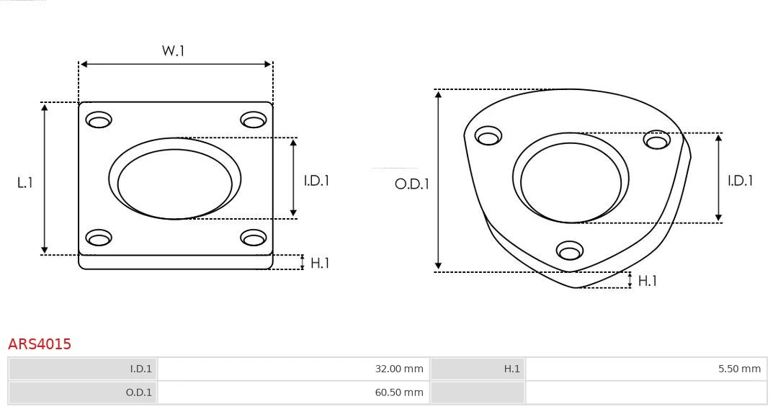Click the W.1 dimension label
pos(173,51)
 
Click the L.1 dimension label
pos(25,183)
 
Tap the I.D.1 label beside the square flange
pos(316,181)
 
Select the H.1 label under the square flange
pos(320,263)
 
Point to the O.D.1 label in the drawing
pos(411,184)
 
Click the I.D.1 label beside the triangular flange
pos(740,181)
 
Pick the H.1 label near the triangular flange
pos(648,281)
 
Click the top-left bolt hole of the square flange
pos(99,120)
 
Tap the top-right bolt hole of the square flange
pos(254,120)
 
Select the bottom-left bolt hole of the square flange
pos(99,238)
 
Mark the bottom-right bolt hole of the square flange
pos(254,238)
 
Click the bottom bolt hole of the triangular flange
pos(570,251)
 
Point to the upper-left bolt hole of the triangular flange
pos(488,136)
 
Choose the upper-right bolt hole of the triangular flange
pos(657,140)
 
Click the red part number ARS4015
pos(40,344)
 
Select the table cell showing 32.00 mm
pos(293,369)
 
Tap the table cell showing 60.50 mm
pos(293,392)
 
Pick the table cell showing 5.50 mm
pos(646,369)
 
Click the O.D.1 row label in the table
pos(83,392)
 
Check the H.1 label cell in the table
pos(478,369)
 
